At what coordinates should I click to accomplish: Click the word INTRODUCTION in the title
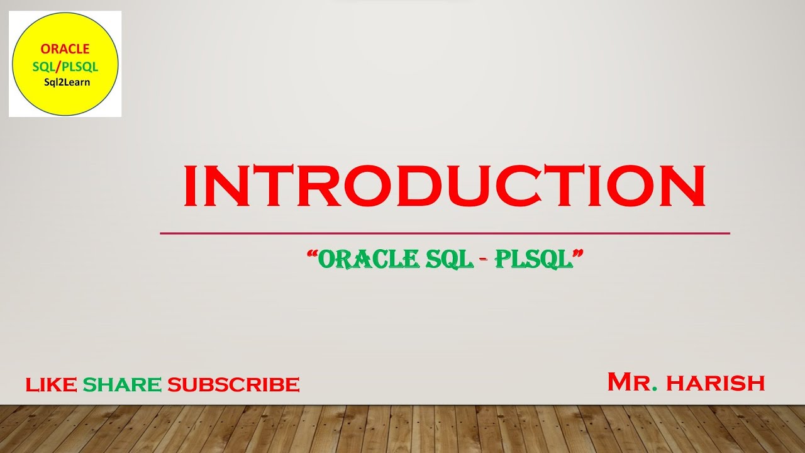[444, 186]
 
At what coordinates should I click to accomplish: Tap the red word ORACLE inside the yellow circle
[65, 49]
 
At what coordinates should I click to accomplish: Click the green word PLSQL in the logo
[79, 66]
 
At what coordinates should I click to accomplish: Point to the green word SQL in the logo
[43, 66]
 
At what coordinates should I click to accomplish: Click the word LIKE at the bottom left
[52, 384]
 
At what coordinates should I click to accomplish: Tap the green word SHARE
[122, 384]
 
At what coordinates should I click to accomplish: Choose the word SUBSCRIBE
[233, 384]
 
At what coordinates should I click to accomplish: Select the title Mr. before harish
[631, 382]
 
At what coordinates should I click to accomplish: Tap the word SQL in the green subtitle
[449, 259]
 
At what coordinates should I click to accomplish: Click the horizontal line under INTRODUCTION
[444, 233]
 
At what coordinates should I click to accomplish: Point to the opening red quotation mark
[311, 253]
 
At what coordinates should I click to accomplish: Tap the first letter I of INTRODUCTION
[189, 186]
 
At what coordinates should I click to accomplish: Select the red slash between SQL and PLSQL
[58, 66]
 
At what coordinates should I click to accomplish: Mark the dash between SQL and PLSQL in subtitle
[485, 260]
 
